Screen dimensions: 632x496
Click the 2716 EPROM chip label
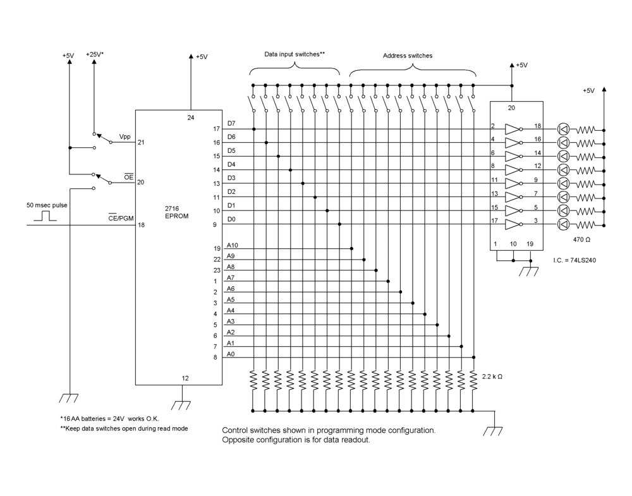pos(176,212)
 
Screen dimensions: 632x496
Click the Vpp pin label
pos(125,136)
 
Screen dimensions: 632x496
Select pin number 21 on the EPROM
pos(141,142)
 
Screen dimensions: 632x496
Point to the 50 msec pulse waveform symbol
pos(45,216)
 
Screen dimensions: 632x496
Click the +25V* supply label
pos(95,54)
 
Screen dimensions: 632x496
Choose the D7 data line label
pos(231,124)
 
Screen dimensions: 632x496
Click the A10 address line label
pos(233,245)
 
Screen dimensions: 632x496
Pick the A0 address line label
pos(231,354)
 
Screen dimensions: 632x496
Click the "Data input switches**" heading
pos(295,54)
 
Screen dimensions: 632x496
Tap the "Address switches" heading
pos(408,56)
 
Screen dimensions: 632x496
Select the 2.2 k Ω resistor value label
pos(492,377)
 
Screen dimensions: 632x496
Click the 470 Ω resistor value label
pos(581,239)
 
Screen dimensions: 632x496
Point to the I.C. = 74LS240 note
pos(574,260)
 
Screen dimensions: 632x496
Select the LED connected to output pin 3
pos(563,224)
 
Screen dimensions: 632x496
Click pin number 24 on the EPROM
pos(191,118)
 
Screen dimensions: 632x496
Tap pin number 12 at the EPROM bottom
pos(185,378)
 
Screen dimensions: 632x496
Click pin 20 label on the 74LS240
pos(511,108)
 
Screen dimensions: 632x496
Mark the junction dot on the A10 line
pos(352,248)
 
